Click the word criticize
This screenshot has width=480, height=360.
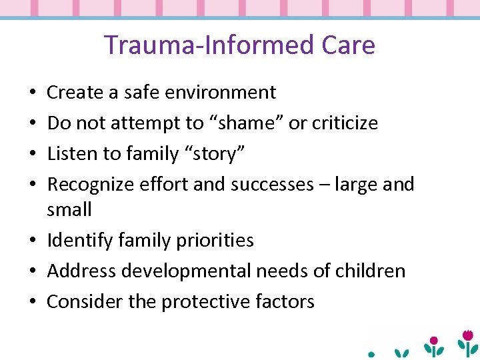(344, 123)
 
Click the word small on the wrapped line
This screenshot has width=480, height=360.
(69, 209)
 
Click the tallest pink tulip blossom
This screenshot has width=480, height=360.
(468, 335)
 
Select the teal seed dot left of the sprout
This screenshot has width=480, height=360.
(372, 354)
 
